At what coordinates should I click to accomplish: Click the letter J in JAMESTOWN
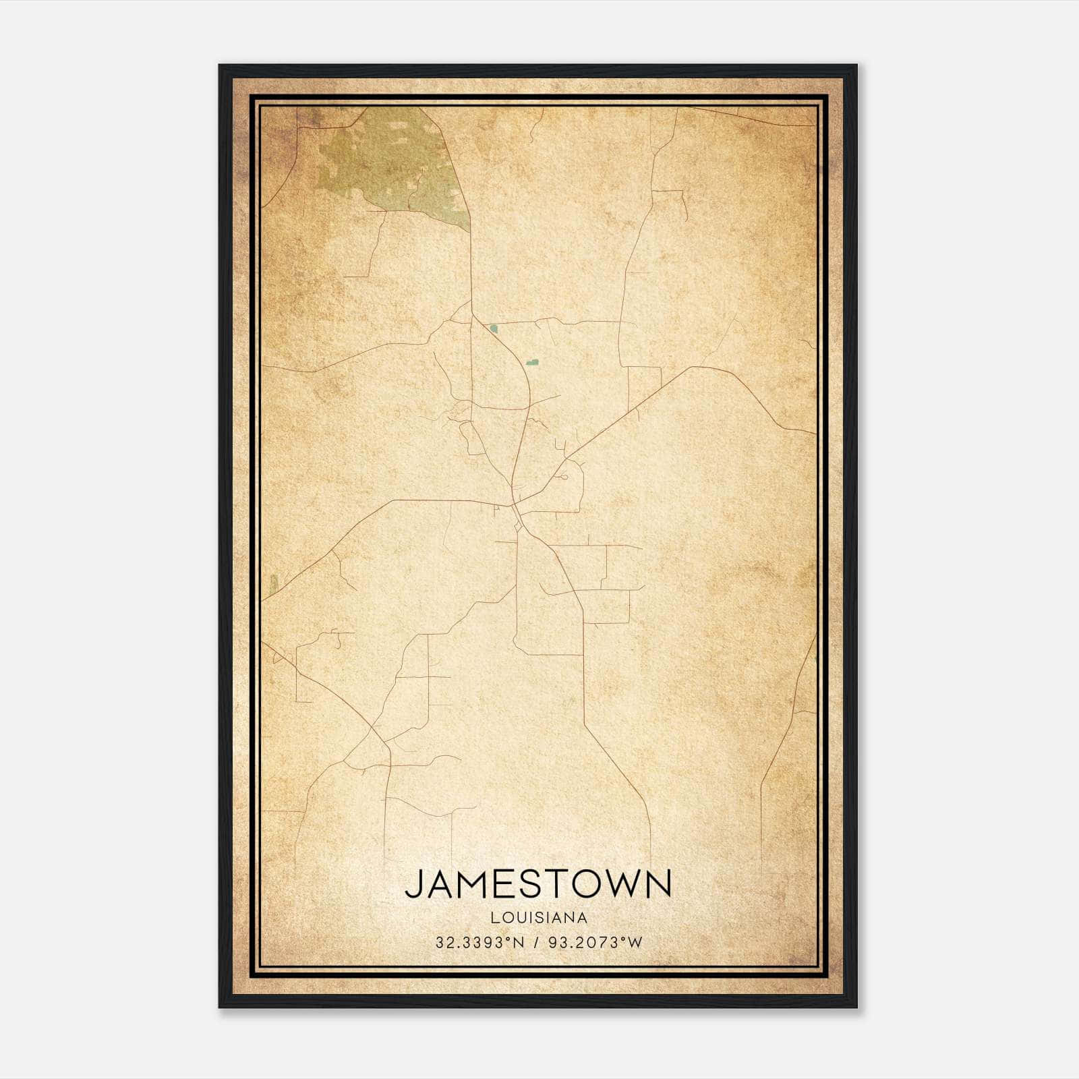coord(413,884)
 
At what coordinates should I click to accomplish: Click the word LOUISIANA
coord(539,918)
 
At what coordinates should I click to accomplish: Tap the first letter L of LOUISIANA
coord(494,918)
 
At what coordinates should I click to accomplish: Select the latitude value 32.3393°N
coord(479,942)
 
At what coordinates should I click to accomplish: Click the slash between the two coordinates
coord(536,942)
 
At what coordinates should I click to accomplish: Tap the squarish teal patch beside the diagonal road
coord(494,329)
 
